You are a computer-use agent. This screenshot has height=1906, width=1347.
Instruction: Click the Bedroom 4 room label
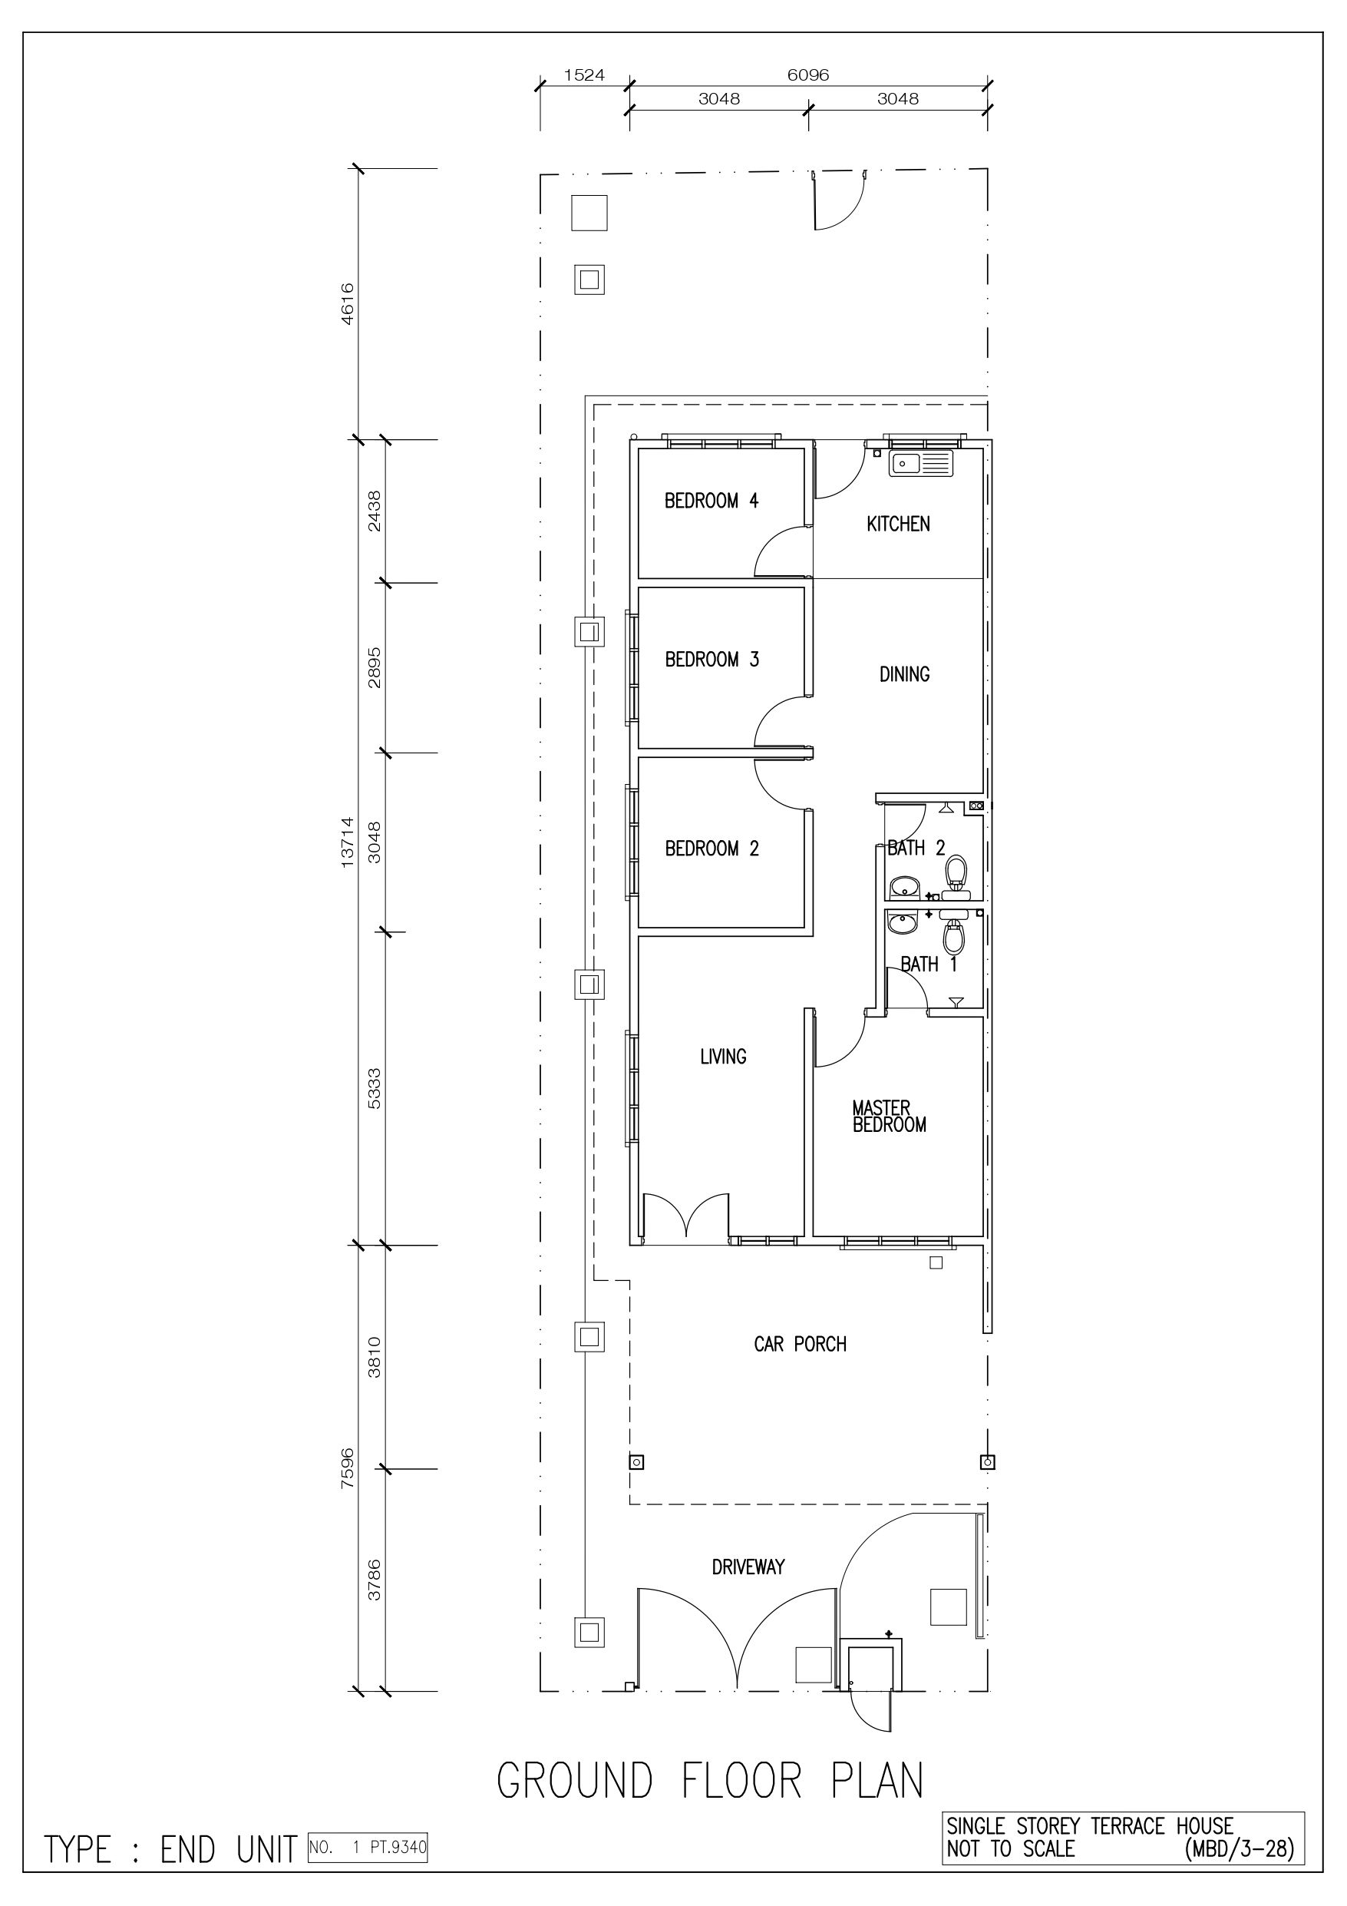[711, 501]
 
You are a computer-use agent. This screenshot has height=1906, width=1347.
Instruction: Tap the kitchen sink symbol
[921, 463]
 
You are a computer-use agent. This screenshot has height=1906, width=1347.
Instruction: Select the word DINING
[905, 674]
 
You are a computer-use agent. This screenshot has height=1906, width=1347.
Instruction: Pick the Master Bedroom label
[889, 1116]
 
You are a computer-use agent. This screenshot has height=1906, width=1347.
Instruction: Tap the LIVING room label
[723, 1056]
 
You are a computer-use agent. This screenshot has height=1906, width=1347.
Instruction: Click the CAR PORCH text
[800, 1344]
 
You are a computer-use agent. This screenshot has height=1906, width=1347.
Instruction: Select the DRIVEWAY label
[748, 1567]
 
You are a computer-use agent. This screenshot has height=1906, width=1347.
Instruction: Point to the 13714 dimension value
[348, 842]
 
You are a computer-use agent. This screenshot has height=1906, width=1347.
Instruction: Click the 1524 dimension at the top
[584, 74]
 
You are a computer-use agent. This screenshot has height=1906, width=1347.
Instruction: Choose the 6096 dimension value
[808, 74]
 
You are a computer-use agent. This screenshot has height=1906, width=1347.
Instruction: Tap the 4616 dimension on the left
[348, 304]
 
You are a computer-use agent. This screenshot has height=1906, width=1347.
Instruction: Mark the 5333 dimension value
[375, 1088]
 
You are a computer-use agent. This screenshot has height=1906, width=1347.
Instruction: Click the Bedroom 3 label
[712, 659]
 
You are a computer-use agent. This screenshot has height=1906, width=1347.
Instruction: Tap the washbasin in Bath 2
[904, 888]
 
